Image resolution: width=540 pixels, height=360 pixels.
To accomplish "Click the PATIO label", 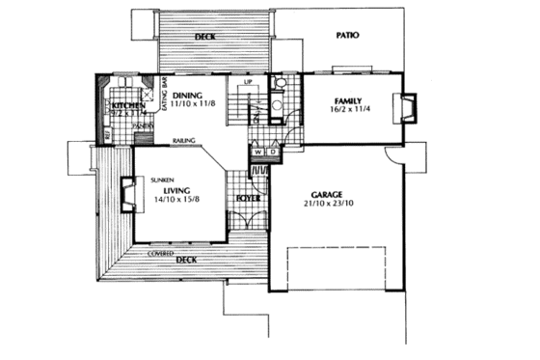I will [348, 35].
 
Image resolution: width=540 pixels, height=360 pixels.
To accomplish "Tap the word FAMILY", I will [348, 100].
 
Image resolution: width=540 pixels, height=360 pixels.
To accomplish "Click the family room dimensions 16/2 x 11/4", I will [348, 110].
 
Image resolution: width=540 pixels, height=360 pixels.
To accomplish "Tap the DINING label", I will [187, 95].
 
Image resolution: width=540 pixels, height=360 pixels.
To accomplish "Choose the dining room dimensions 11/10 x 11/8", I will [192, 104].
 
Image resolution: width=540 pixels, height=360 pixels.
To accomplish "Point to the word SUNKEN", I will [162, 180].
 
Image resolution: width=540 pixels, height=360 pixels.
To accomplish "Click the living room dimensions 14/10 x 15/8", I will [171, 201].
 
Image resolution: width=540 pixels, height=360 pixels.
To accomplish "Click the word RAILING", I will [185, 141].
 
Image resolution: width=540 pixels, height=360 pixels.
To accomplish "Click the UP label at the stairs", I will [248, 83].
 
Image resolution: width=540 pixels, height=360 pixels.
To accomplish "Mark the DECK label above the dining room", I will [203, 38].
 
